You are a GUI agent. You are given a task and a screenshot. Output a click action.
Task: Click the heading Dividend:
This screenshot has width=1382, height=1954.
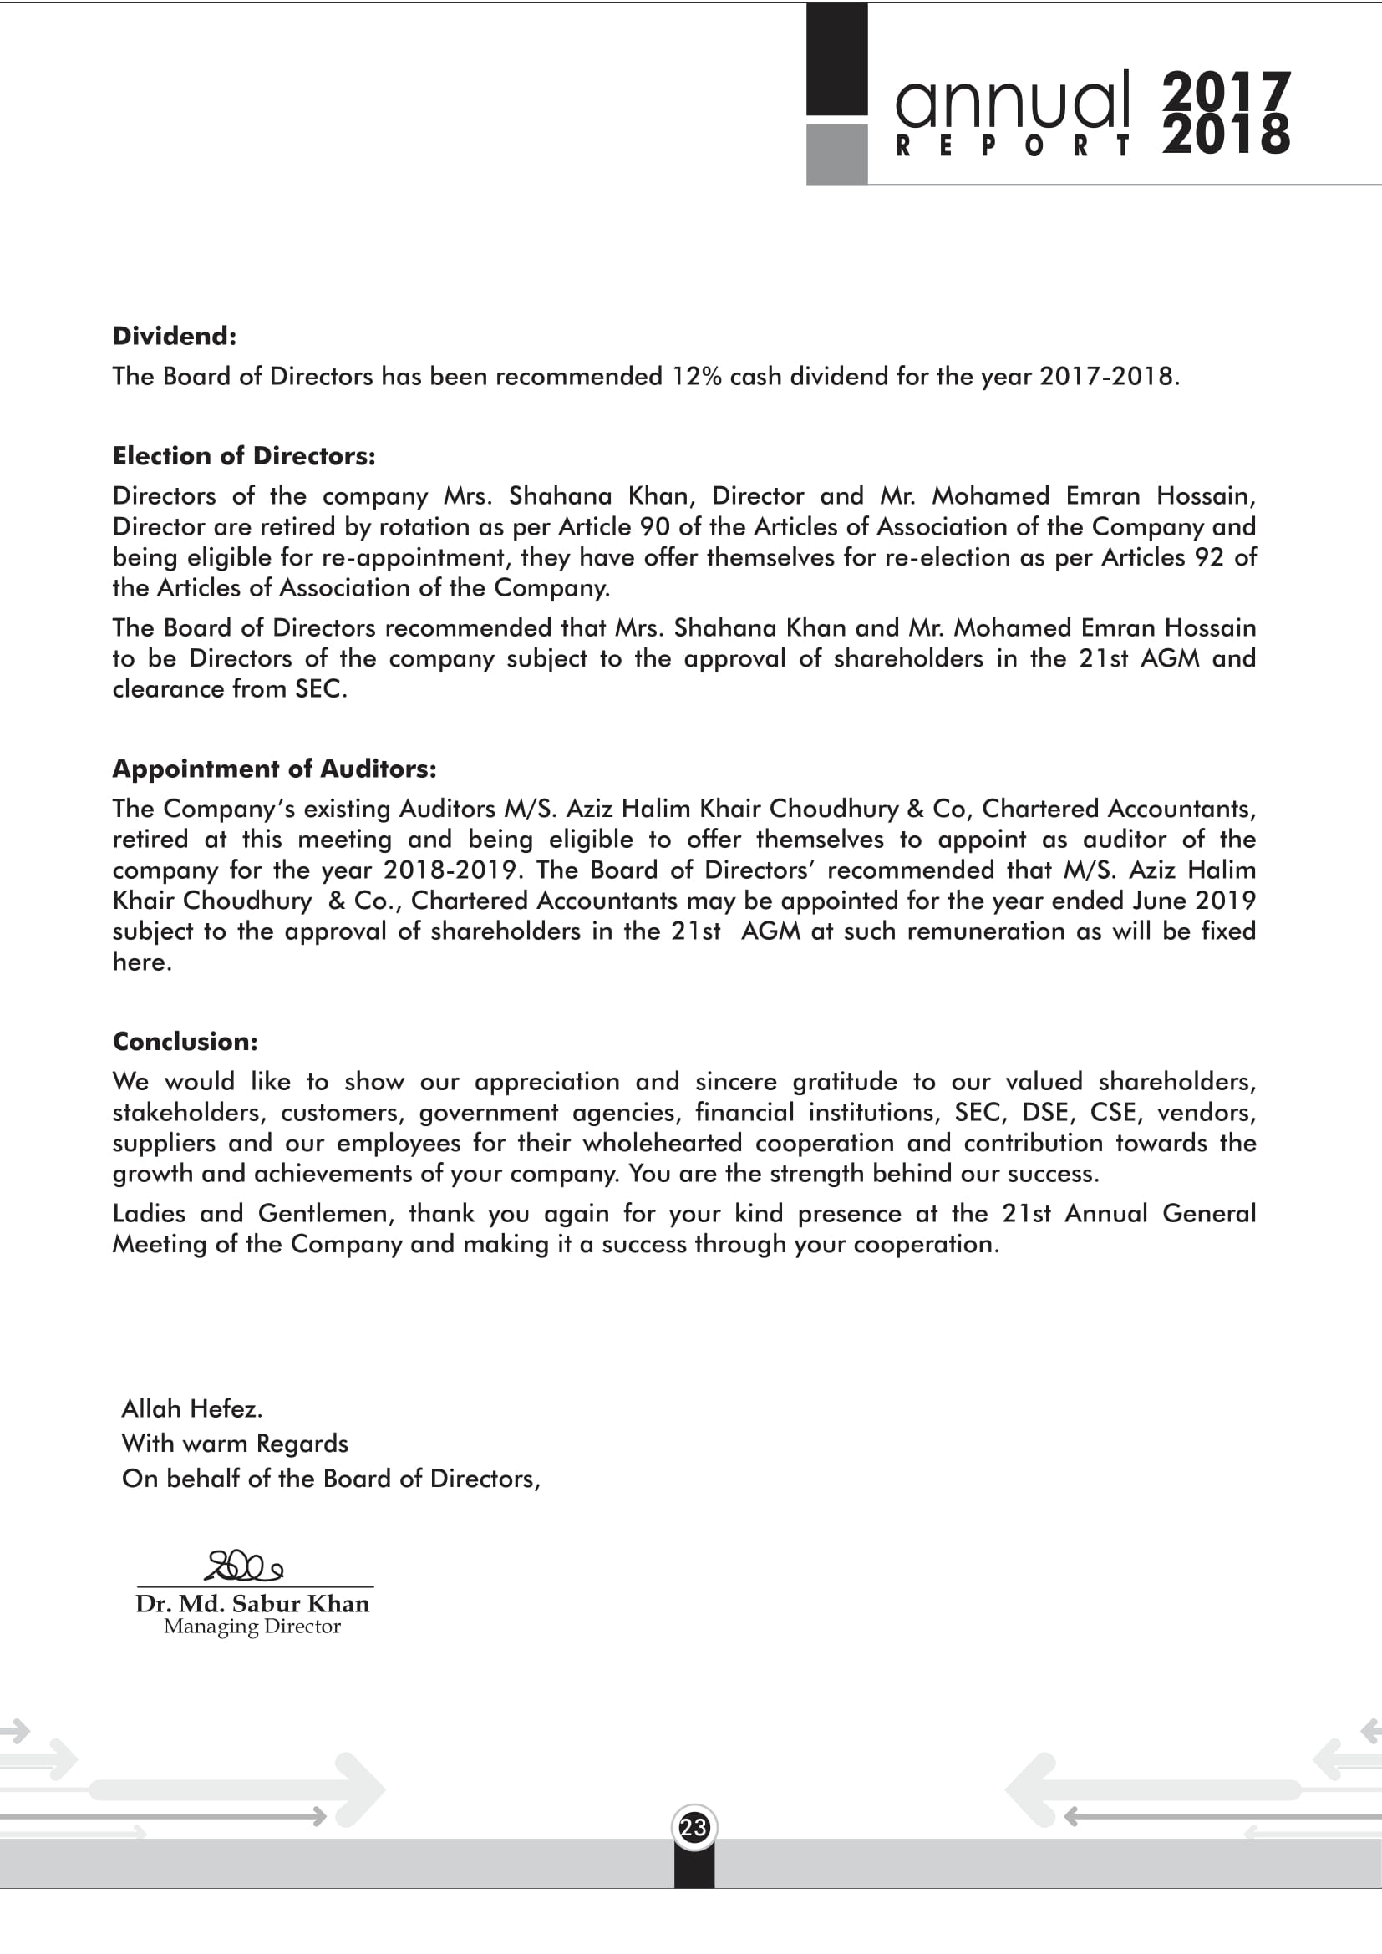pos(175,336)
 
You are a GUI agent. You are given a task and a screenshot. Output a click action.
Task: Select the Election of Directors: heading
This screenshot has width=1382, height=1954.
pos(243,456)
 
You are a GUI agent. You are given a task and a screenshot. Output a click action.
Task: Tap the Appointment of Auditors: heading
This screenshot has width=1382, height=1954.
pos(274,769)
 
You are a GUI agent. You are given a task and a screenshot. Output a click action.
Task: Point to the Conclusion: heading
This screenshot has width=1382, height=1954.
pos(185,1041)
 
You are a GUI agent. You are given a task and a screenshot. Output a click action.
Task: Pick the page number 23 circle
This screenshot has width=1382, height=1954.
pos(694,1827)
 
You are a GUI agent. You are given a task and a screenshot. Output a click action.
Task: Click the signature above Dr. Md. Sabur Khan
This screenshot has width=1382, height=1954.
pos(244,1566)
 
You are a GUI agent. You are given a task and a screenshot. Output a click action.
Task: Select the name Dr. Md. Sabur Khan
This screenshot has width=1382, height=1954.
pos(252,1603)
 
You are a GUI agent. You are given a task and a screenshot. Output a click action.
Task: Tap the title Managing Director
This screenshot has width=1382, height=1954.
pos(252,1627)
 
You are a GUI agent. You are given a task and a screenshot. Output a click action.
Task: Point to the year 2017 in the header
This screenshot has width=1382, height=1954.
pos(1227,90)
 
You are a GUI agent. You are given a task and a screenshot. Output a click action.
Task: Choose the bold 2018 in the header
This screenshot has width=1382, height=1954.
pos(1227,135)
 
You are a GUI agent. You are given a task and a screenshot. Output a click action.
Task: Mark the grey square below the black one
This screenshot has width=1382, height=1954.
pos(836,154)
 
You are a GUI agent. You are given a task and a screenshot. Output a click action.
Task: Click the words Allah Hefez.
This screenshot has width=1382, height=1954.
pos(191,1408)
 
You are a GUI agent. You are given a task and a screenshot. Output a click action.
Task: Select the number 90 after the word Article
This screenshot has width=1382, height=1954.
pos(654,527)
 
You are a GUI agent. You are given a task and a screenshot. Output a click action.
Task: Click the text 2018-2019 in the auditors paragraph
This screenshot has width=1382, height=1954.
pos(450,870)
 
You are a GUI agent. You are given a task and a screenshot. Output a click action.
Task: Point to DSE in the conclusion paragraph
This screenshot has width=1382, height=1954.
pos(1045,1112)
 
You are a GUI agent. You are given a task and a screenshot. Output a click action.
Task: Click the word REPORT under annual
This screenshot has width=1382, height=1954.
pos(1013,146)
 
